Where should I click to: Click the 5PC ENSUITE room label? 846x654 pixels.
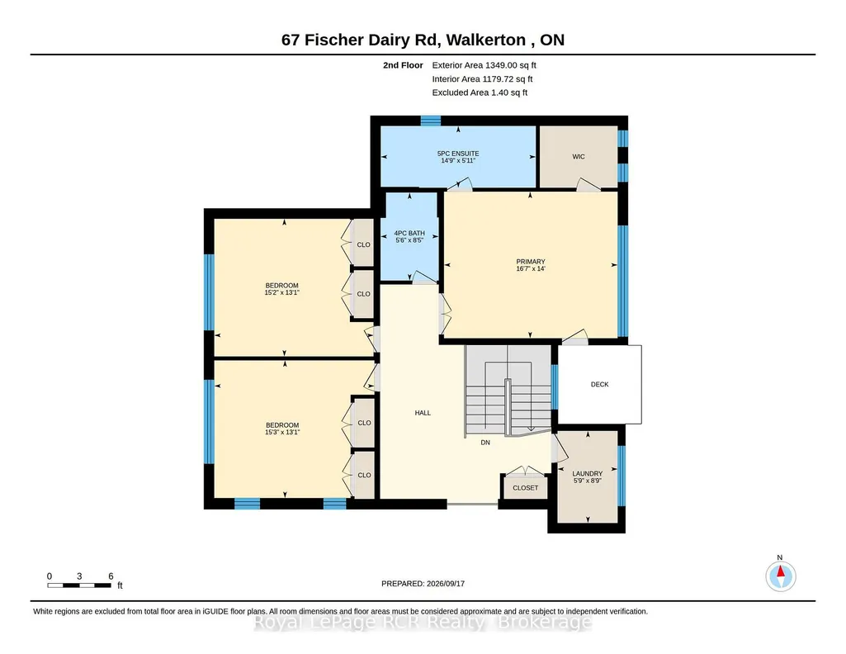coord(458,154)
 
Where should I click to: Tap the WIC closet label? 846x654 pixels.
coord(579,157)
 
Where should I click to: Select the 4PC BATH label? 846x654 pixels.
coord(409,233)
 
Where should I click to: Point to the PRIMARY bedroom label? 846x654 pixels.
coord(531,262)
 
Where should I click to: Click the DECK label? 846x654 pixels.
coord(599,384)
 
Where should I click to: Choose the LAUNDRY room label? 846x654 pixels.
coord(588,473)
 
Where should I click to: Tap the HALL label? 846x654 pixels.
coord(423,413)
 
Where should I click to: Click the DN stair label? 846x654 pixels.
coord(485,443)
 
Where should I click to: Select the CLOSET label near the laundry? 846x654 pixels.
coord(526,488)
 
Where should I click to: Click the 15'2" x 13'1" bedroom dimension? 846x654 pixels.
coord(281,292)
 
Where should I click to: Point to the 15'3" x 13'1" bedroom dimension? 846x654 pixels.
coord(282,432)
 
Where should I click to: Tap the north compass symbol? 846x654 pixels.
coord(780,576)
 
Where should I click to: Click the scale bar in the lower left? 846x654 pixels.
coord(79,585)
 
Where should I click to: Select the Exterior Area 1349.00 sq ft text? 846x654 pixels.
coord(484,65)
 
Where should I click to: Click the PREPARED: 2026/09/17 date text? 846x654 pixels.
coord(423,583)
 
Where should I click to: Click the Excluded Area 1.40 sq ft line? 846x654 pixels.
coord(480,92)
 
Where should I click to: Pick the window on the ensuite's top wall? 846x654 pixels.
coord(431,121)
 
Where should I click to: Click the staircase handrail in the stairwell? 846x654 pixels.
coord(508,407)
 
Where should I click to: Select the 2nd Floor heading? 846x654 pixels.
coord(403,65)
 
